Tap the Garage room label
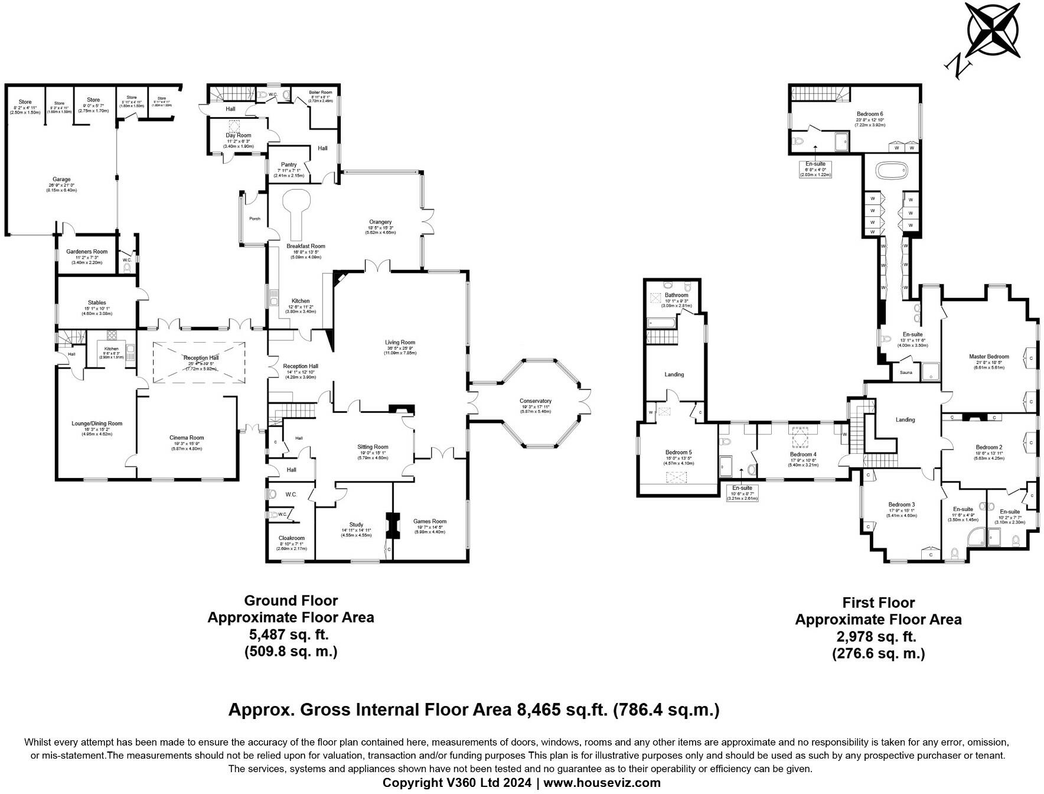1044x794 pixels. coord(61,180)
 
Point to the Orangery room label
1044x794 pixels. coord(380,222)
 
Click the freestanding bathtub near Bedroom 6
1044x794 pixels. coord(891,172)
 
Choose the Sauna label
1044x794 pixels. coord(906,373)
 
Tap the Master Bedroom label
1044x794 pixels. coord(988,357)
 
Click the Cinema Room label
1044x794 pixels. coord(187,438)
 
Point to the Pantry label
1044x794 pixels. coord(289,165)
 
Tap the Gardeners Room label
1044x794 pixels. coord(87,252)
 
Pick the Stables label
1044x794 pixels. coord(97,302)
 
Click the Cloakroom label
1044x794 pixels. coord(291,538)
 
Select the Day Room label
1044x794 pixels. coord(238,136)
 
